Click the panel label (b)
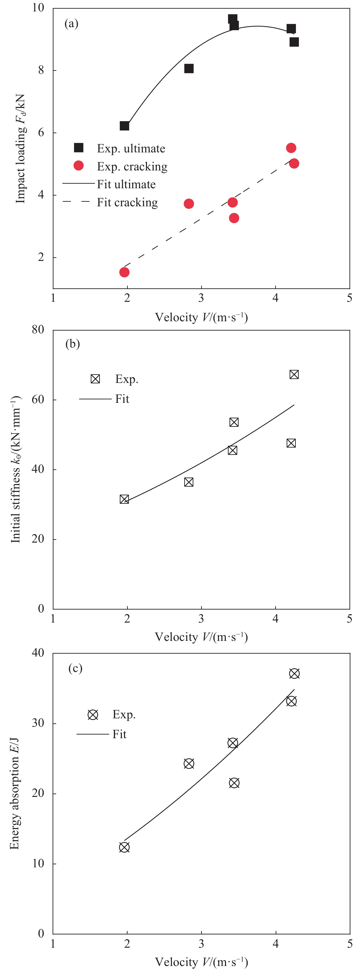pyautogui.click(x=72, y=344)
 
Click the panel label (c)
pyautogui.click(x=75, y=668)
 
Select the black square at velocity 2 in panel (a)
pyautogui.click(x=124, y=125)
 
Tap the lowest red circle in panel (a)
pyautogui.click(x=124, y=272)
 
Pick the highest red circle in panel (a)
pyautogui.click(x=291, y=148)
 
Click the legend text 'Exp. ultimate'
pyautogui.click(x=131, y=149)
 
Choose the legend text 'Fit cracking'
pyautogui.click(x=127, y=202)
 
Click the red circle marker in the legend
pyautogui.click(x=78, y=166)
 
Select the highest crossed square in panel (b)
pyautogui.click(x=294, y=374)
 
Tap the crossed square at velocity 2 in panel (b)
pyautogui.click(x=124, y=499)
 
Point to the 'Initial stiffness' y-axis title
pyautogui.click(x=16, y=469)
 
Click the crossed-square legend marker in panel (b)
pyautogui.click(x=95, y=379)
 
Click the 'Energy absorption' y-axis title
pyautogui.click(x=14, y=793)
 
